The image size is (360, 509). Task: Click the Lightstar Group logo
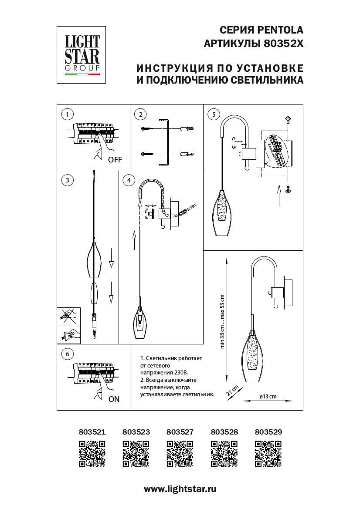click(82, 55)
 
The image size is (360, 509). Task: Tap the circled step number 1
click(67, 115)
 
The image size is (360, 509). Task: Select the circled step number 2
click(140, 115)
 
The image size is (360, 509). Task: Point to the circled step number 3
click(67, 180)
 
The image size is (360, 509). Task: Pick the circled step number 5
click(213, 115)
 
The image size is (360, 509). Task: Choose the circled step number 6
click(67, 354)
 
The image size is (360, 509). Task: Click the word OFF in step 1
click(115, 160)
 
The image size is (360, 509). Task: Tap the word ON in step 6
click(114, 399)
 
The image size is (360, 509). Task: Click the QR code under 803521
click(92, 454)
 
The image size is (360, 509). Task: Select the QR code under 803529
click(268, 454)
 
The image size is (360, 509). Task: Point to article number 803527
click(180, 432)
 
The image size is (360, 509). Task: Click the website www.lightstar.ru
click(180, 489)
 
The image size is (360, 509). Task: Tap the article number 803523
click(136, 432)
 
